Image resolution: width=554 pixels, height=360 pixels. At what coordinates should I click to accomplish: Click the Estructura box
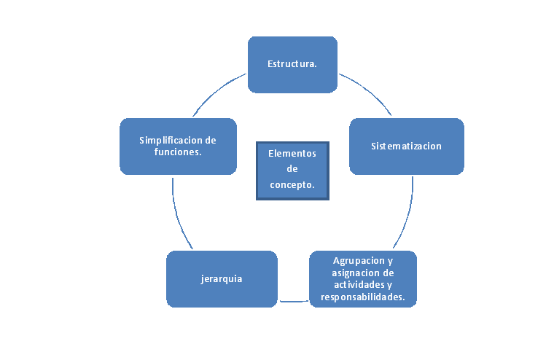click(292, 64)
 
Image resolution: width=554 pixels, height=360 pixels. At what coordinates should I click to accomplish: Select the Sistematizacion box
click(406, 146)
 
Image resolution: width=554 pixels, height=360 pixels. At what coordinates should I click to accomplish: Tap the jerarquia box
click(222, 278)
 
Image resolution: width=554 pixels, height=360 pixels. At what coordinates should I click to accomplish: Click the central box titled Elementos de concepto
click(292, 170)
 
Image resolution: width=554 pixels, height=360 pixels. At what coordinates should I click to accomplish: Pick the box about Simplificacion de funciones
click(178, 146)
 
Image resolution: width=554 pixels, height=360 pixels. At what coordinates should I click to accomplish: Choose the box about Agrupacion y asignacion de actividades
click(363, 278)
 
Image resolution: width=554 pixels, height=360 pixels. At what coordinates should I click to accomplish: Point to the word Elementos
click(292, 154)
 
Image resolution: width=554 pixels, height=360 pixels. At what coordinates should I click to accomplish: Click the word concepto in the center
click(292, 185)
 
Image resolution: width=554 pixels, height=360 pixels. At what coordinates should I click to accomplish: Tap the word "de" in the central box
click(292, 170)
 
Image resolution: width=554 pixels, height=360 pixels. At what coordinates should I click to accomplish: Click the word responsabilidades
click(363, 297)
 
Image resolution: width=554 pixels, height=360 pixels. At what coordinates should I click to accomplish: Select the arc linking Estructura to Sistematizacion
click(367, 89)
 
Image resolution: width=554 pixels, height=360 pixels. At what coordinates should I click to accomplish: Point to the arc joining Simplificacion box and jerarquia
click(178, 216)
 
